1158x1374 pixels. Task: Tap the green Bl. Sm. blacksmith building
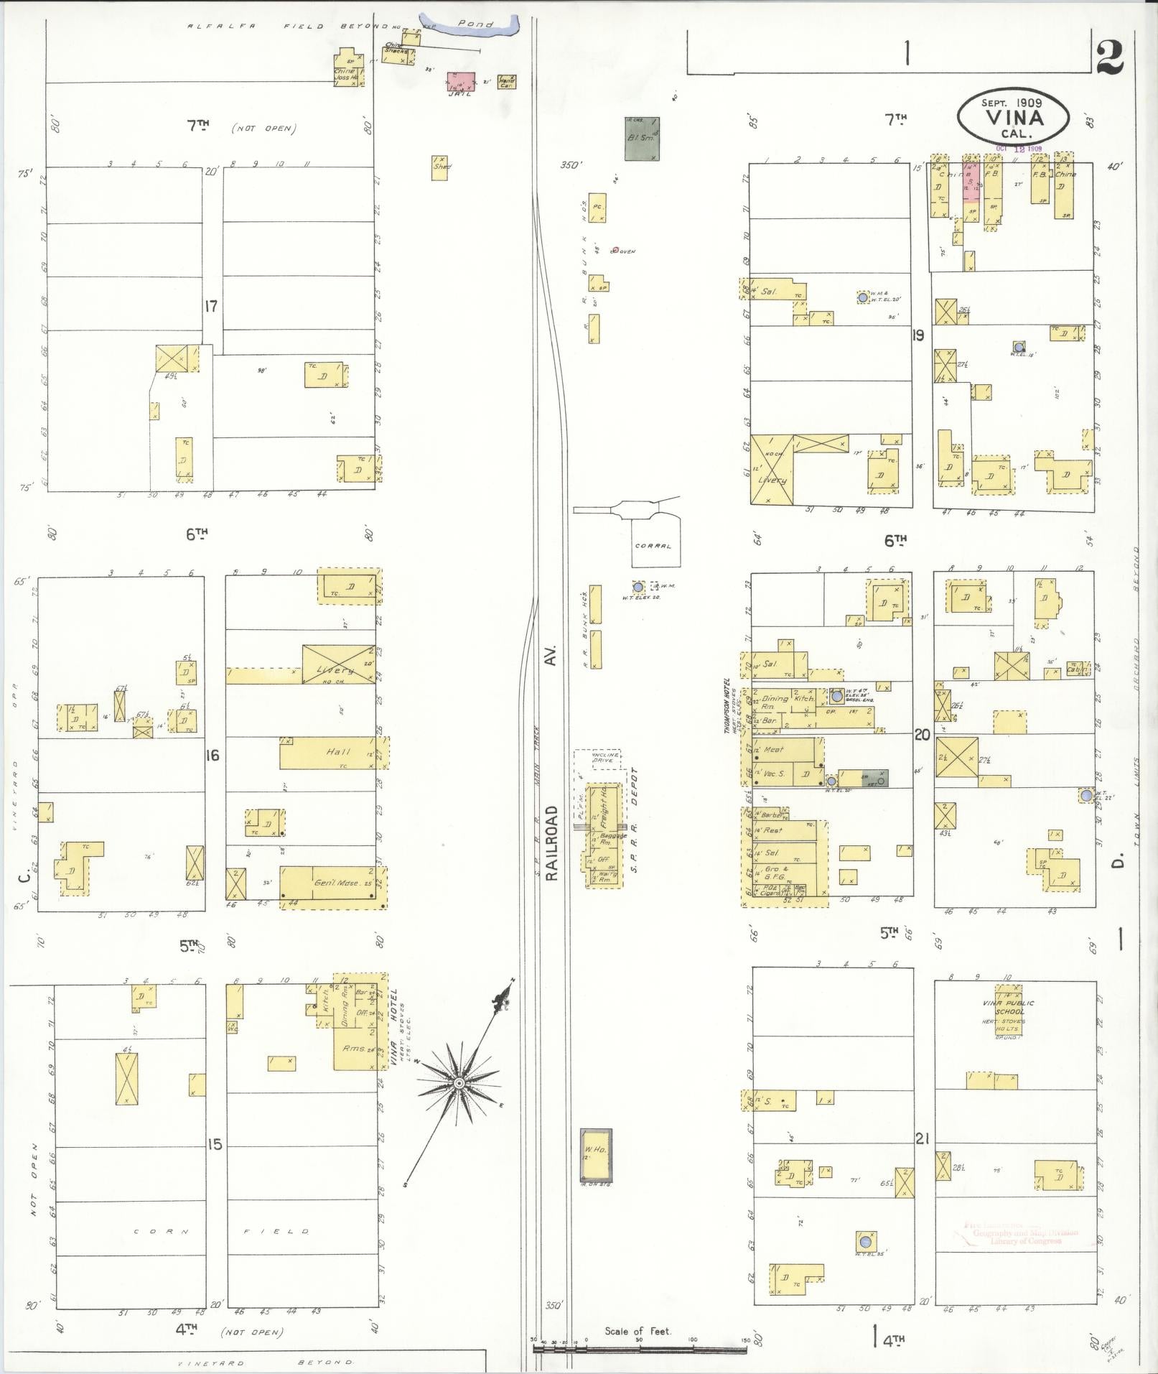pyautogui.click(x=642, y=139)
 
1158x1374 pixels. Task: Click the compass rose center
pyautogui.click(x=458, y=1082)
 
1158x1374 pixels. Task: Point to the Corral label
pyautogui.click(x=653, y=546)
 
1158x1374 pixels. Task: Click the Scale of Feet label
pyautogui.click(x=638, y=1331)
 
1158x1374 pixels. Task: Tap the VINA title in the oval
pyautogui.click(x=1014, y=117)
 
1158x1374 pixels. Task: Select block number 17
pyautogui.click(x=210, y=306)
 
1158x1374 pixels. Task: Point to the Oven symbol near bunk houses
pyautogui.click(x=615, y=251)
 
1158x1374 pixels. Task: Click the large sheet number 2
pyautogui.click(x=1110, y=57)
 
